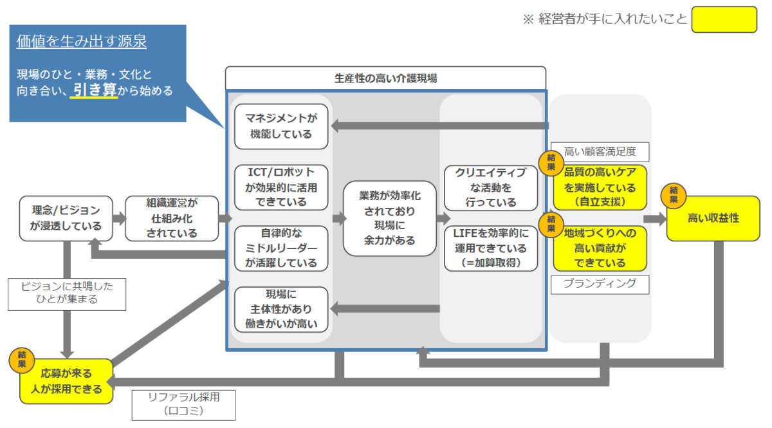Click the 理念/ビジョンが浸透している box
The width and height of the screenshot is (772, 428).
point(66,218)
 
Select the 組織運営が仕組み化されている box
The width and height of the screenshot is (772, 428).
point(172,218)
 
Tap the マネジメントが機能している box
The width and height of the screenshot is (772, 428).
point(281,127)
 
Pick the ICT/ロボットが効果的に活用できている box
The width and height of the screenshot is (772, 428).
point(281,187)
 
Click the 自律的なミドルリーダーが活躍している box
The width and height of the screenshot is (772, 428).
point(281,248)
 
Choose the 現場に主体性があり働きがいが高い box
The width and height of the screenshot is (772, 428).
point(281,310)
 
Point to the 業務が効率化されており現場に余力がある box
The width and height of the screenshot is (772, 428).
point(390,218)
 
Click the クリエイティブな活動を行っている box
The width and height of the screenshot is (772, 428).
point(491,188)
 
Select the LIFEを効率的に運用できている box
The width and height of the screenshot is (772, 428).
point(491,248)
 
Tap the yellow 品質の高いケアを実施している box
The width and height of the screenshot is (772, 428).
point(600,187)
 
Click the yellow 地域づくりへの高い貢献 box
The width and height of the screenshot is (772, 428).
point(600,248)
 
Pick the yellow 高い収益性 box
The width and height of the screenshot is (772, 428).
point(713,218)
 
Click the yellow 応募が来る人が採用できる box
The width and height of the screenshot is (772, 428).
point(66,381)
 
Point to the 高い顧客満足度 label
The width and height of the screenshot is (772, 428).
point(600,152)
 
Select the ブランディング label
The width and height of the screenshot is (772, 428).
point(600,284)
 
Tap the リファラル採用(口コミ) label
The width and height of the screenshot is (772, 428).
point(184,405)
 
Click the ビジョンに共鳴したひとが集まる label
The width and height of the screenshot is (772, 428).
point(67,294)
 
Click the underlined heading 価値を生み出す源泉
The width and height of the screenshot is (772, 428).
point(82,41)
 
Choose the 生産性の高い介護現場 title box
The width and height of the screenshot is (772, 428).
point(385,79)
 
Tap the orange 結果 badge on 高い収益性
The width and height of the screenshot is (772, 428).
point(674,195)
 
